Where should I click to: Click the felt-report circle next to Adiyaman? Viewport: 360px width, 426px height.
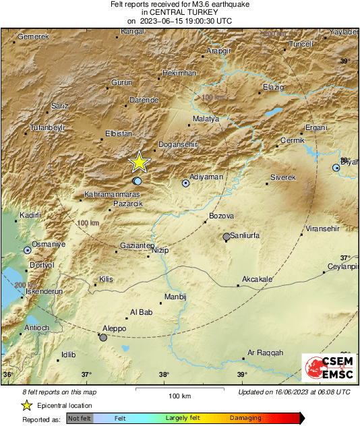(186, 183)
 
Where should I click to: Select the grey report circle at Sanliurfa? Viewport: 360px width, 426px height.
(227, 237)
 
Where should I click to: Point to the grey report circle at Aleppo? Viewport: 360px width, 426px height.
(103, 337)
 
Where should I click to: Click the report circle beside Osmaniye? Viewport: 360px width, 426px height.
(28, 250)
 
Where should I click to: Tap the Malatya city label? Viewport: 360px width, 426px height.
(206, 119)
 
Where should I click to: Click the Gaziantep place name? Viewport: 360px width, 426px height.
(137, 245)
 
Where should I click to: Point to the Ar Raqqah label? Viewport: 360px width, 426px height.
(266, 353)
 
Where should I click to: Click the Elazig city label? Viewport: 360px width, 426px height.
(274, 87)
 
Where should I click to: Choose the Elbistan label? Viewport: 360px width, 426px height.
(119, 133)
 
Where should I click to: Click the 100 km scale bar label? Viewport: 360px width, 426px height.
(179, 396)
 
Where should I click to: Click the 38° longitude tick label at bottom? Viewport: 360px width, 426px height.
(164, 375)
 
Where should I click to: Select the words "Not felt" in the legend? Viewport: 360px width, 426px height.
(80, 419)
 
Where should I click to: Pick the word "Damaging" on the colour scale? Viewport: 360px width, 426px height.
(245, 419)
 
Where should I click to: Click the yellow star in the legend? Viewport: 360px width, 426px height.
(26, 405)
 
